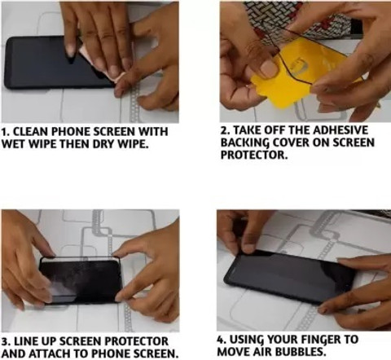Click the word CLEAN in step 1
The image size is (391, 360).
pos(31,132)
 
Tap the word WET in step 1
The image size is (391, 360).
pos(14,144)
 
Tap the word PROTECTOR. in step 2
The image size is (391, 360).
pos(254,155)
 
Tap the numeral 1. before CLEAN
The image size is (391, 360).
pos(6,132)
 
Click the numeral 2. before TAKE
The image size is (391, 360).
pos(226,130)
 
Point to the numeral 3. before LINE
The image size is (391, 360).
pos(7,341)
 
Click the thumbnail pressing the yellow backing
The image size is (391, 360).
pos(268,67)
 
